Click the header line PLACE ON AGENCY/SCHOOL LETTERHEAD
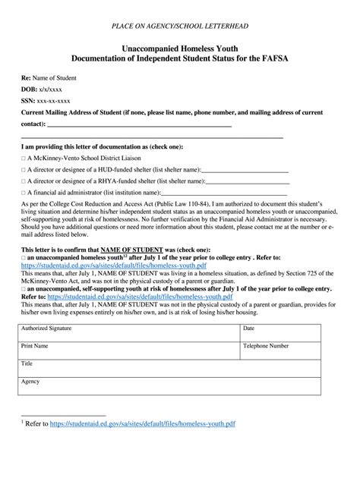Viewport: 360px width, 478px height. click(179, 26)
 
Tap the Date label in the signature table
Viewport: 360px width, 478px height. click(248, 329)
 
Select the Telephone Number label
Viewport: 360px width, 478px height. click(265, 346)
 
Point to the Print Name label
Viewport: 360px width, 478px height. click(35, 346)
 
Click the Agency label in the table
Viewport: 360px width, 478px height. click(30, 381)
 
